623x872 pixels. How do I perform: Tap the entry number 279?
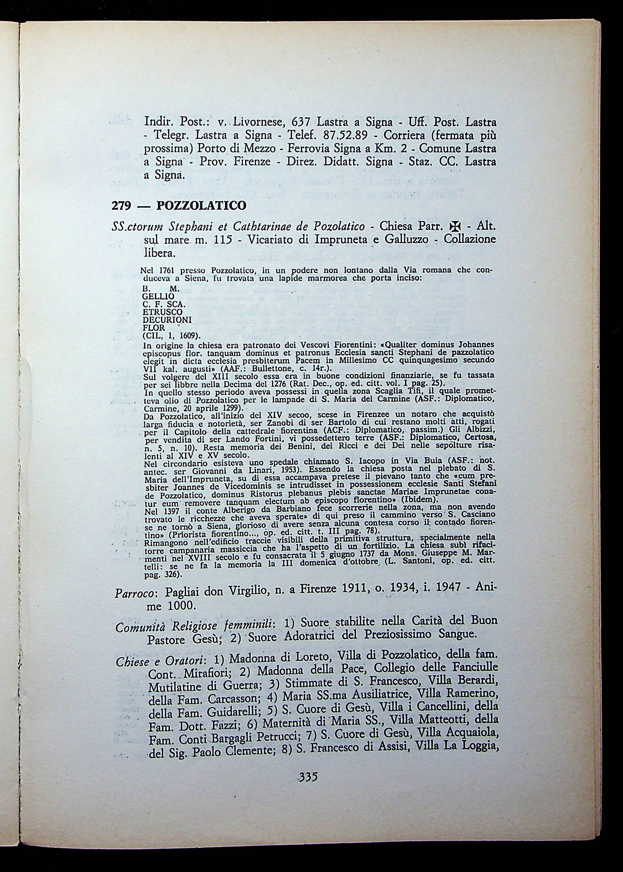121,206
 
